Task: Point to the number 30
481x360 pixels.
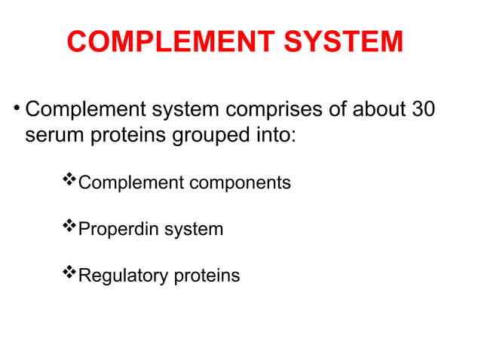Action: (x=420, y=110)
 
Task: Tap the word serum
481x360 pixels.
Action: (x=54, y=138)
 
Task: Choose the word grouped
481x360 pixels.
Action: (x=206, y=139)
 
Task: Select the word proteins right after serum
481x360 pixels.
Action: (x=123, y=139)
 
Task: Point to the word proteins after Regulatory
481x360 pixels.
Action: (x=207, y=276)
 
